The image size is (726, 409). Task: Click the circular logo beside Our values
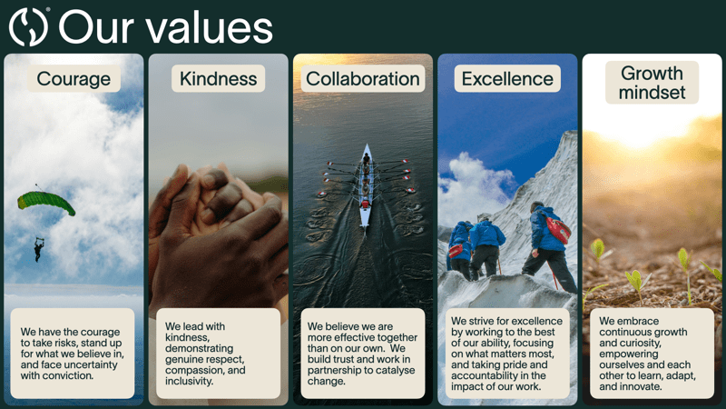coord(29,27)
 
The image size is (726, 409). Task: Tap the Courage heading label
coord(74,79)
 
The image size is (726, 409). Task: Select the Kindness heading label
coord(218,79)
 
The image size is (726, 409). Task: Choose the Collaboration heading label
coord(363,79)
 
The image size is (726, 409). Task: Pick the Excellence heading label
coord(507,79)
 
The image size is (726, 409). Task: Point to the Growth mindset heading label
coord(652,83)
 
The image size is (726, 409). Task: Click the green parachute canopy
coord(45,202)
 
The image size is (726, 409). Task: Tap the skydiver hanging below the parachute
coord(39,249)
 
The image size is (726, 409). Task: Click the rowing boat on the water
coord(366,186)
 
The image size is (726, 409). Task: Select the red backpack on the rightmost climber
coord(557,229)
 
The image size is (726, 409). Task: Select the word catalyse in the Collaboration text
coord(393,371)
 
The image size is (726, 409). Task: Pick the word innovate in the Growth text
coord(642,386)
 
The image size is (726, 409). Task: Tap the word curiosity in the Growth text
coord(643,344)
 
